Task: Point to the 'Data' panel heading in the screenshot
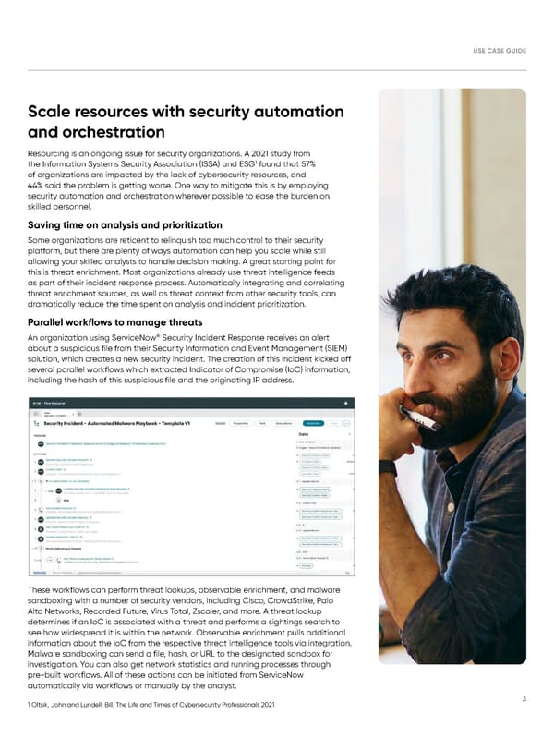302,435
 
